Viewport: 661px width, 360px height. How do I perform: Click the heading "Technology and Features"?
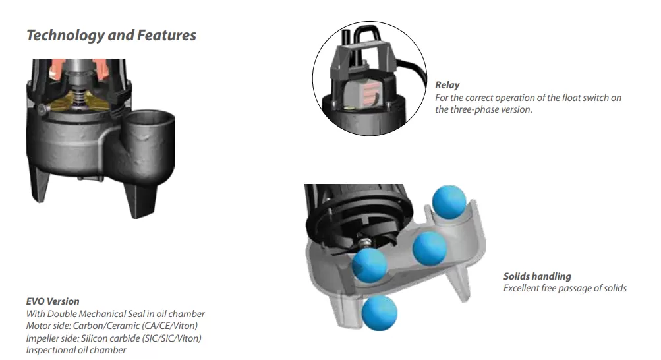point(111,36)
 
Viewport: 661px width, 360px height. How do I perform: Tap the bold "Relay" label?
point(447,85)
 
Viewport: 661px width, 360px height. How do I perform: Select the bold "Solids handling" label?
point(537,276)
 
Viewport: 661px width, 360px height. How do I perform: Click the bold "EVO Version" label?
point(53,301)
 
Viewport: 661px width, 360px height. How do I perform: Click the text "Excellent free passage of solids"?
point(565,288)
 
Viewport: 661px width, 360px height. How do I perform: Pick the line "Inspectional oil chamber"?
point(76,350)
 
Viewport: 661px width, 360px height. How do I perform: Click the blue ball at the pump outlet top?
point(449,202)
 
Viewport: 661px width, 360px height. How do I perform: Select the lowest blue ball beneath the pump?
point(380,313)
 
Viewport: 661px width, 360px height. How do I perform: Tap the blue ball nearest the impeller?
point(369,265)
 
